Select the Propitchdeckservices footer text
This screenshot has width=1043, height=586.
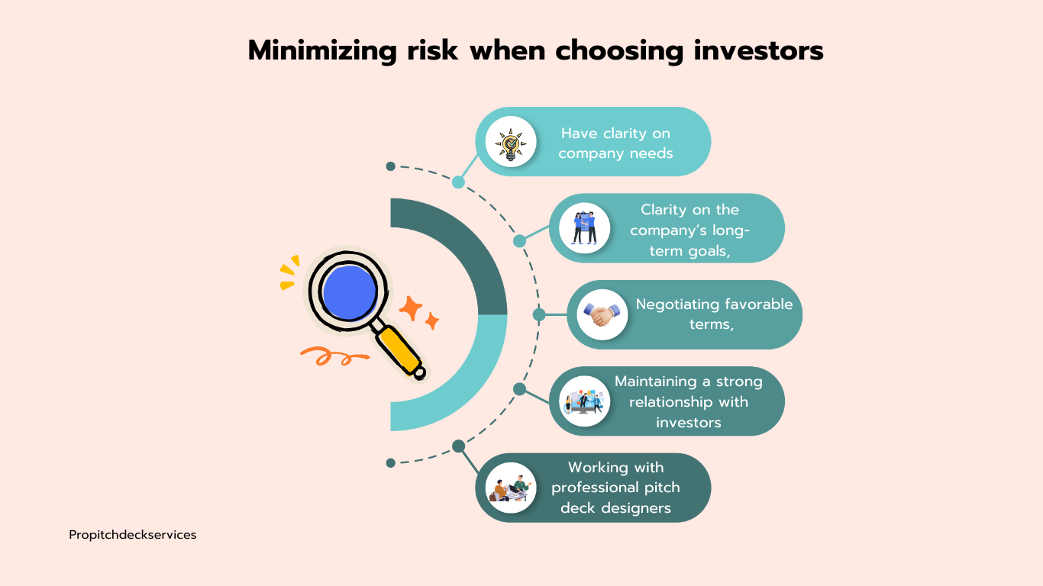click(x=132, y=535)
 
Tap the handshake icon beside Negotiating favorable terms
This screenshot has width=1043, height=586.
click(x=602, y=314)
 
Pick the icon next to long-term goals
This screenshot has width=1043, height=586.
click(x=584, y=227)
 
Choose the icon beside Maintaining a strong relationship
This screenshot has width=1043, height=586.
click(x=584, y=401)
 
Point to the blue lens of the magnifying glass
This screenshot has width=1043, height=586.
click(x=349, y=291)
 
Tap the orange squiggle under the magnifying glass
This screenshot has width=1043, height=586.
click(x=327, y=355)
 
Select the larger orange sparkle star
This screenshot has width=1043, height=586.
click(x=411, y=307)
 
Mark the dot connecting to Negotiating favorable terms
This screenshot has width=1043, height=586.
click(x=539, y=314)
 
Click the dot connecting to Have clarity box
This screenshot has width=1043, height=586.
click(x=458, y=182)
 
